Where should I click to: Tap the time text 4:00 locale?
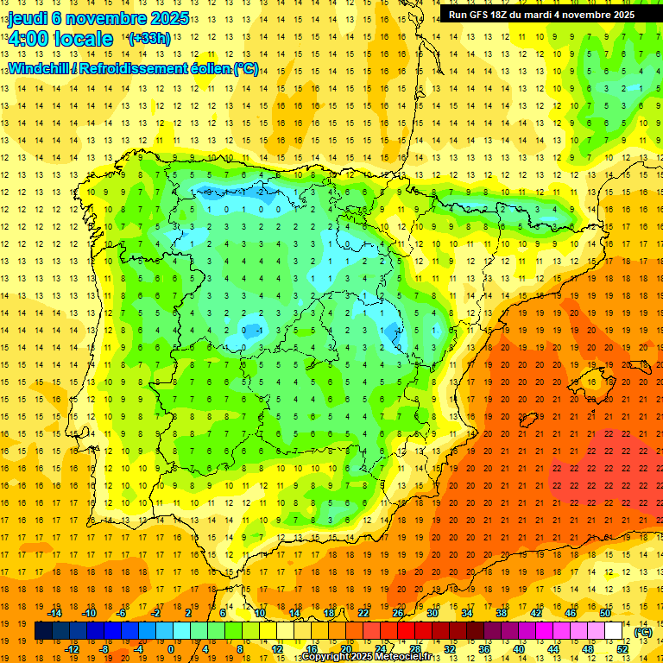pos(60,39)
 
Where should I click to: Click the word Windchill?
pos(39,69)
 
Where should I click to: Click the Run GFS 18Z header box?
pos(541,15)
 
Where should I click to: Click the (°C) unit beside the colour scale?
pos(643,632)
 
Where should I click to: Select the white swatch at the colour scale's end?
pos(614,631)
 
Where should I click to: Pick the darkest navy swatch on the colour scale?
pos(43,631)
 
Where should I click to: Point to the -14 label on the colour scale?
pos(55,613)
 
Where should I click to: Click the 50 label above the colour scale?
pos(604,613)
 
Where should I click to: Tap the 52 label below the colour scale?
pos(622,649)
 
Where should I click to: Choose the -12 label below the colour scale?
pos(72,649)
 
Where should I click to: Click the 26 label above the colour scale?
pos(398,613)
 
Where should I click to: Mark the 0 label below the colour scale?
pos(171,649)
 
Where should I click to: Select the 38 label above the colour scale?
pos(502,613)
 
